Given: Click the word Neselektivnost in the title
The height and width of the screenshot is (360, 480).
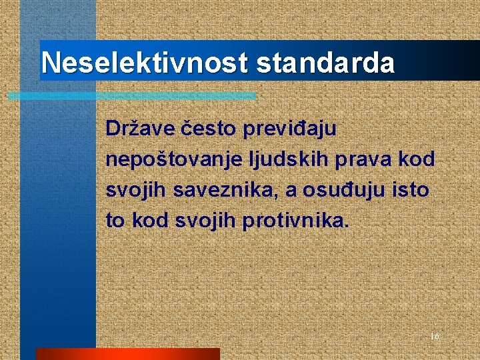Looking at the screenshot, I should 144,63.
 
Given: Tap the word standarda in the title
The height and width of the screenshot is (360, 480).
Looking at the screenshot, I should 325,63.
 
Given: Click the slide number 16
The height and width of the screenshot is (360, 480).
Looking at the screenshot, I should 435,337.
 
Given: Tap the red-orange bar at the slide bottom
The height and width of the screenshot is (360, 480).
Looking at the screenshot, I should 127,353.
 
